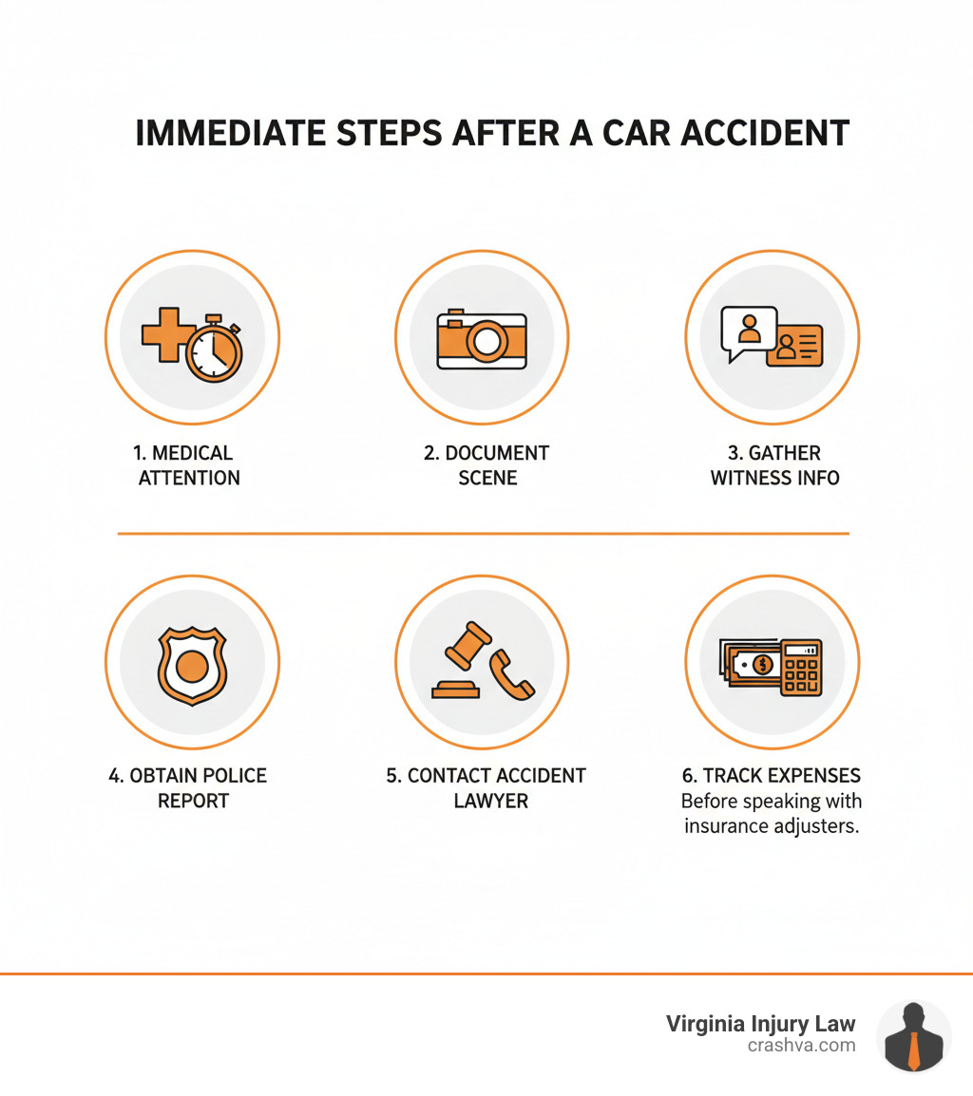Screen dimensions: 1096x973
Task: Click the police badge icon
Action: tap(192, 666)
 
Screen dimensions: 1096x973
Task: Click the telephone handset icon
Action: tap(511, 675)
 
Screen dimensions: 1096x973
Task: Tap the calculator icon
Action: tap(801, 667)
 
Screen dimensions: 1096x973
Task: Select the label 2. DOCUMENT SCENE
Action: tap(486, 465)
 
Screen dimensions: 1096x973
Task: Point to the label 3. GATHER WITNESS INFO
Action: tap(774, 465)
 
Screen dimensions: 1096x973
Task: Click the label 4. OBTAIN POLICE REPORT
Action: tap(188, 788)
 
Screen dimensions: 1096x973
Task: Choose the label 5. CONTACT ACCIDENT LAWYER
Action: tap(486, 788)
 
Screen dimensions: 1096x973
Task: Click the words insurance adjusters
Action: tap(772, 826)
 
